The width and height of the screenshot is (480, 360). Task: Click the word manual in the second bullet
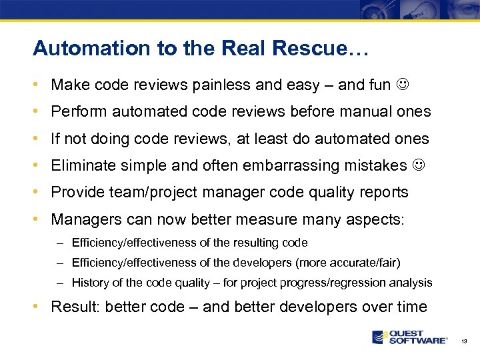(x=364, y=112)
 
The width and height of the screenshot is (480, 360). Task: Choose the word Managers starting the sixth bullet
(x=83, y=219)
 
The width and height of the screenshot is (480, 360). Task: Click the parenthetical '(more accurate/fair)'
(x=351, y=263)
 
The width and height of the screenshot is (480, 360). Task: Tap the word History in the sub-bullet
(x=89, y=283)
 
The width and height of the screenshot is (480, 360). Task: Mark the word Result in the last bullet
(x=72, y=307)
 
